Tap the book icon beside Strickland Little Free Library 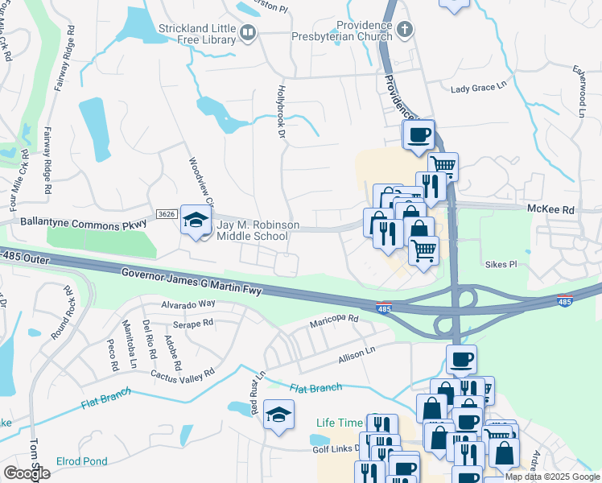248,32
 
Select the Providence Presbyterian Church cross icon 404,30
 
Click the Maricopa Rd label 334,321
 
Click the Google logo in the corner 27,473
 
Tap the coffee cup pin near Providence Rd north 419,136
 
